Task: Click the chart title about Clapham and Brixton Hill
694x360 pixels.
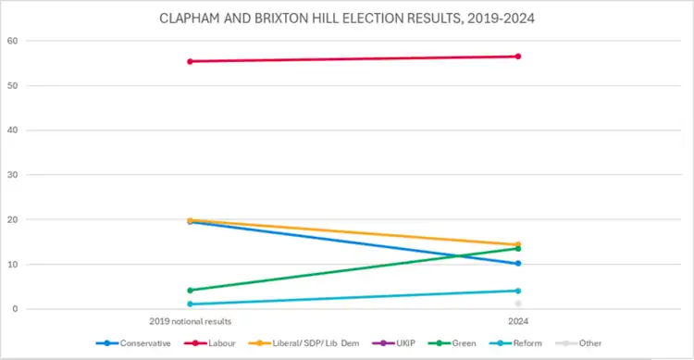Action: coord(347,19)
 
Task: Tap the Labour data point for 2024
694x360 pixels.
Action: coord(518,56)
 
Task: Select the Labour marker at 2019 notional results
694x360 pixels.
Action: coord(190,62)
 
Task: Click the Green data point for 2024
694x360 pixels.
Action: coord(518,248)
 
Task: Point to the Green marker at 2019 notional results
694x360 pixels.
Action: coord(190,291)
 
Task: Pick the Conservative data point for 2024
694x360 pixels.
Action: coord(518,264)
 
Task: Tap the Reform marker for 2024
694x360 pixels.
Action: coord(518,291)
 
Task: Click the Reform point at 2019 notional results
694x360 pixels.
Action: coord(190,304)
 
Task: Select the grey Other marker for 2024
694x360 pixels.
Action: coord(518,304)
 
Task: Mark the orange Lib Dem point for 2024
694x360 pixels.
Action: coord(518,244)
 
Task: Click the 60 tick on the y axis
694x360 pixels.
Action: coord(12,41)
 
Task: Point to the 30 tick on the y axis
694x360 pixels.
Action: coord(12,175)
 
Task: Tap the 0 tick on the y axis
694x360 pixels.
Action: coord(15,309)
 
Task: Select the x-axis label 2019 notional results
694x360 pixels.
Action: coord(191,321)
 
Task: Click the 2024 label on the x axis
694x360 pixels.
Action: coord(518,321)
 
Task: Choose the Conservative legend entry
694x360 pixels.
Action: coord(133,343)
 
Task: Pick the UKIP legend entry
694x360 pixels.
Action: coord(394,343)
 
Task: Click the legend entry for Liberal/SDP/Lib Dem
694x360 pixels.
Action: coord(304,343)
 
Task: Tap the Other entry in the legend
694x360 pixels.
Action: coord(578,343)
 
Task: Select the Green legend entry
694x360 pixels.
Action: coord(452,343)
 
